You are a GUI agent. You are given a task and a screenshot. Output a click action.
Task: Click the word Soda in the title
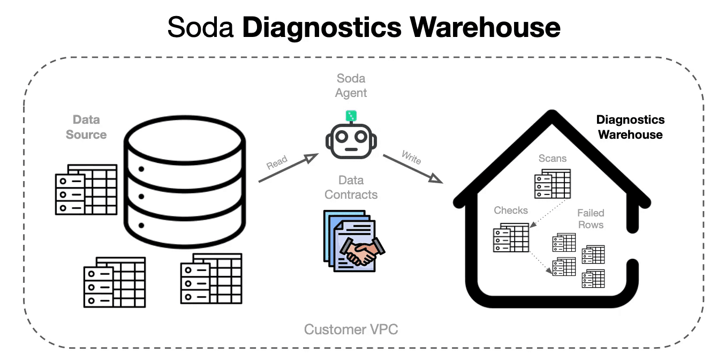pyautogui.click(x=201, y=27)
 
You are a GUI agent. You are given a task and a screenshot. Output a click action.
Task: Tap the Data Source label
pyautogui.click(x=86, y=127)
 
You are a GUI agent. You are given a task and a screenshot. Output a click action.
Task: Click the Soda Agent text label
pyautogui.click(x=351, y=86)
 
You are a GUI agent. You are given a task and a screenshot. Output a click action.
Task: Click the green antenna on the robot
pyautogui.click(x=351, y=115)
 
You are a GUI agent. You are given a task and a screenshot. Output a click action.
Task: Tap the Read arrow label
pyautogui.click(x=277, y=162)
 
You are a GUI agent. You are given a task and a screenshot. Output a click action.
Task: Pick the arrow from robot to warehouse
pyautogui.click(x=412, y=168)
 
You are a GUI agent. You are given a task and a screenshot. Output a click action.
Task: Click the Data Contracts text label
pyautogui.click(x=351, y=187)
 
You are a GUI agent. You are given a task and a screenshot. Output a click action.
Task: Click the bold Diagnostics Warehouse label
pyautogui.click(x=630, y=127)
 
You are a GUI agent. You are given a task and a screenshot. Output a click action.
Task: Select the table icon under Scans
pyautogui.click(x=552, y=184)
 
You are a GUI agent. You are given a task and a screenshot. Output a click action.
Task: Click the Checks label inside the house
pyautogui.click(x=511, y=210)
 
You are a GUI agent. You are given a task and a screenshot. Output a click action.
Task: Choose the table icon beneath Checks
pyautogui.click(x=511, y=238)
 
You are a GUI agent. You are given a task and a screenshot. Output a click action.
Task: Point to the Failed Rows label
pyautogui.click(x=591, y=219)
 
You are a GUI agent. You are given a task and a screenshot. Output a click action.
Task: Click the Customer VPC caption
pyautogui.click(x=351, y=329)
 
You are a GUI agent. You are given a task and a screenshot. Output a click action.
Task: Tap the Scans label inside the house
pyautogui.click(x=553, y=159)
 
